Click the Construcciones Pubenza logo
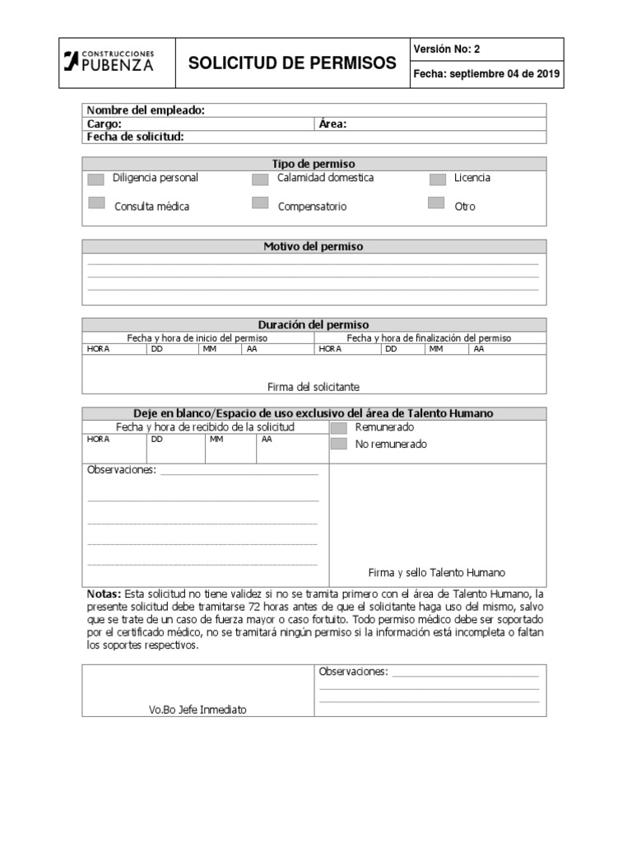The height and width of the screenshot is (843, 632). coord(109,61)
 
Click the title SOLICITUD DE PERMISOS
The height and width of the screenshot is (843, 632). coord(292,63)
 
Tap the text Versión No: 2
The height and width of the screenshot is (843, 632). coord(447,49)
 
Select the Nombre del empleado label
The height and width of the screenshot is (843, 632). coord(146,110)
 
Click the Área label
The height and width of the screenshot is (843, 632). coord(332,124)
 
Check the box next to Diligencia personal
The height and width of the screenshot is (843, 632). coord(96,179)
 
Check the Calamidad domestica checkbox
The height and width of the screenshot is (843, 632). coord(260,179)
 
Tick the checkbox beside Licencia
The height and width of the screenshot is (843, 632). coord(438,179)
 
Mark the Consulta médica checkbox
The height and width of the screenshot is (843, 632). coord(96,203)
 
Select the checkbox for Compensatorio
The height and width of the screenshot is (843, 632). coord(260,203)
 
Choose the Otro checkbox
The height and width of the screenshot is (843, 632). coord(436,203)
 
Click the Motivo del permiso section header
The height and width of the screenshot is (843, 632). coord(313,246)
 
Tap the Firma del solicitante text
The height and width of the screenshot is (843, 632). coord(314,387)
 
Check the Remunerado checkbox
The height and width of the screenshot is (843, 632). coord(338,428)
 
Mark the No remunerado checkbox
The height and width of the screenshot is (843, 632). coord(338,445)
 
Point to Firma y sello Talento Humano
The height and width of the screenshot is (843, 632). coord(436,573)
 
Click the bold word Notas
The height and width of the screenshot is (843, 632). coord(104,594)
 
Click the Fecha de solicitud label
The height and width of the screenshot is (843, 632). coord(135,137)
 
